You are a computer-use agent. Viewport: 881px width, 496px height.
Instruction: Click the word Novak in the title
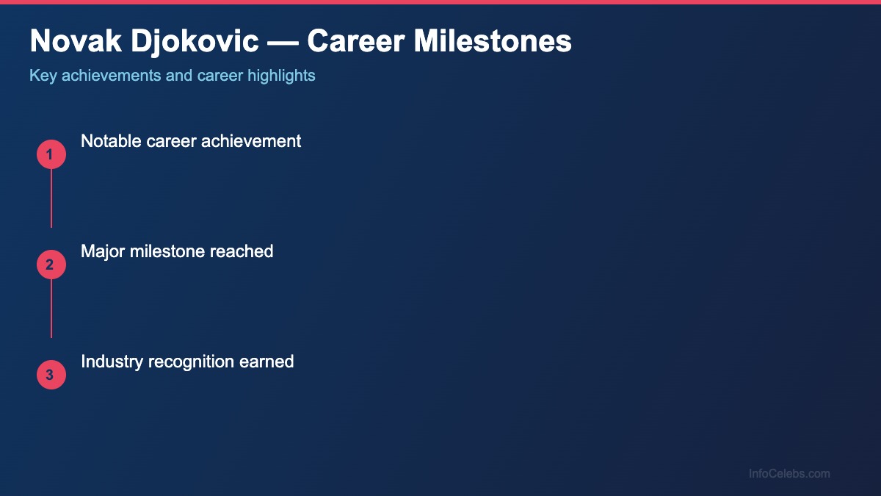pos(70,42)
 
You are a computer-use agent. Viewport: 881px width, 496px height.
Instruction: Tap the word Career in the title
pos(355,42)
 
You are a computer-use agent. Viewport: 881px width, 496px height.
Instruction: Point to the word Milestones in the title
pos(493,42)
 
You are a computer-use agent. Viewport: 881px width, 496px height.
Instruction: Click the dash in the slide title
pos(283,42)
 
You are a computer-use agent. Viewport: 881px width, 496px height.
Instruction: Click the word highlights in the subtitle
pos(281,76)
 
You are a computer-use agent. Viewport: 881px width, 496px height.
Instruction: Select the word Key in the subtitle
pos(43,76)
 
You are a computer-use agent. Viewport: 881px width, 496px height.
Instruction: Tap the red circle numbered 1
pos(51,154)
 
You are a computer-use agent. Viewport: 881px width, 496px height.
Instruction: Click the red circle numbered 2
pos(51,265)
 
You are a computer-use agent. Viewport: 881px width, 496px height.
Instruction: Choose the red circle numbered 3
pos(51,375)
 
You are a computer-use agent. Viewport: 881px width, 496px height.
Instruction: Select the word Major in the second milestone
pos(103,251)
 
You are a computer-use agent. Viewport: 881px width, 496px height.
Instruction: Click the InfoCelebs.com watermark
pos(789,474)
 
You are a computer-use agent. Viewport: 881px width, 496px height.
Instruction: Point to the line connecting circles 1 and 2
pos(51,198)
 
